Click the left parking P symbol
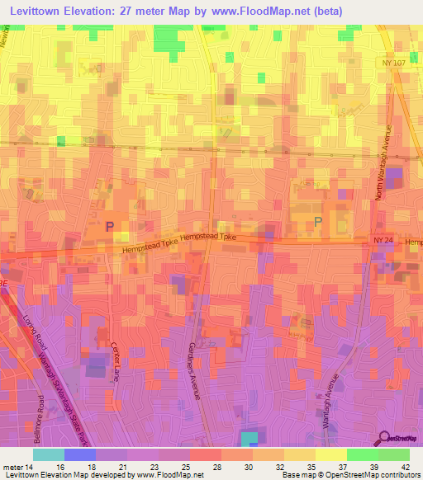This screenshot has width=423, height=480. (109, 225)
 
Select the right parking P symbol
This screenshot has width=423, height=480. (318, 221)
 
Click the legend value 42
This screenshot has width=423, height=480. (404, 466)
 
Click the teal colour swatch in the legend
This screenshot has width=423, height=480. (49, 454)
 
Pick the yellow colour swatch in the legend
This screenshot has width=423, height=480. (331, 454)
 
